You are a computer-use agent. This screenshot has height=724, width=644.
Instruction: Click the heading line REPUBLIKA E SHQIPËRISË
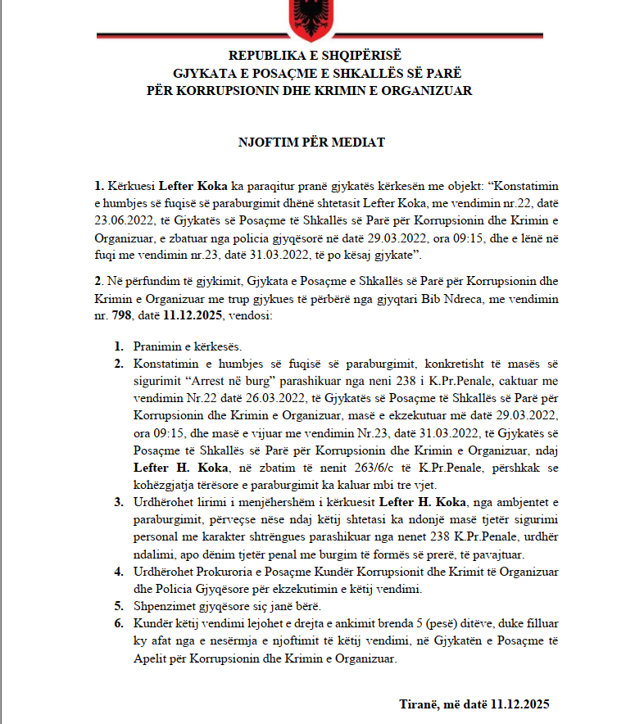pos(315,56)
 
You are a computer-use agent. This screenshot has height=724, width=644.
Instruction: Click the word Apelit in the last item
pos(151,657)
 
